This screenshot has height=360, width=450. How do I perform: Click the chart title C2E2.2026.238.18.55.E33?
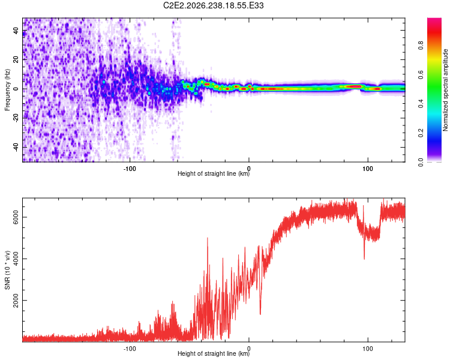pos(213,5)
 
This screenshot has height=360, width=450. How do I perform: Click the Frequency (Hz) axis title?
pos(7,90)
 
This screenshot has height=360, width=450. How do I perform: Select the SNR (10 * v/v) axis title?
pos(7,270)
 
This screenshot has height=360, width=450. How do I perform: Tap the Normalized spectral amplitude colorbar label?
pos(445,90)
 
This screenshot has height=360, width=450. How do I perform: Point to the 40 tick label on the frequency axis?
pos(16,31)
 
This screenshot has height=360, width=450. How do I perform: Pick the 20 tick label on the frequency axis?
pos(16,60)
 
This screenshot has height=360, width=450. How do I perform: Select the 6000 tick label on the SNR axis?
pos(16,217)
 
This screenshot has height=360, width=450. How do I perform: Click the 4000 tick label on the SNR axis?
pos(16,259)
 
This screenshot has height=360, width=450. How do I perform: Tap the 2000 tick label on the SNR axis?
pos(16,300)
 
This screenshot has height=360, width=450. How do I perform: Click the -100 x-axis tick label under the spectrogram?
pos(130,169)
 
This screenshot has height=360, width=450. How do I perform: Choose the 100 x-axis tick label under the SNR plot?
pos(368,349)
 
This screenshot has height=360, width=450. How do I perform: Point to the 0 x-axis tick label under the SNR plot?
pos(249,349)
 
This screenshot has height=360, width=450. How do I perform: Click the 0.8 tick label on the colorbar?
pos(421,46)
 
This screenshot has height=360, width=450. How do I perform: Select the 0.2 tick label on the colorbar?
pos(421,133)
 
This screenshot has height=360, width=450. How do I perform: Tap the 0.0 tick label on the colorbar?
pos(421,162)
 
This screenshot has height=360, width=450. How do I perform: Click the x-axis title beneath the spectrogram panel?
pos(214,173)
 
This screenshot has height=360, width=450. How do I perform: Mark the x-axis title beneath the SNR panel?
pos(214,353)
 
